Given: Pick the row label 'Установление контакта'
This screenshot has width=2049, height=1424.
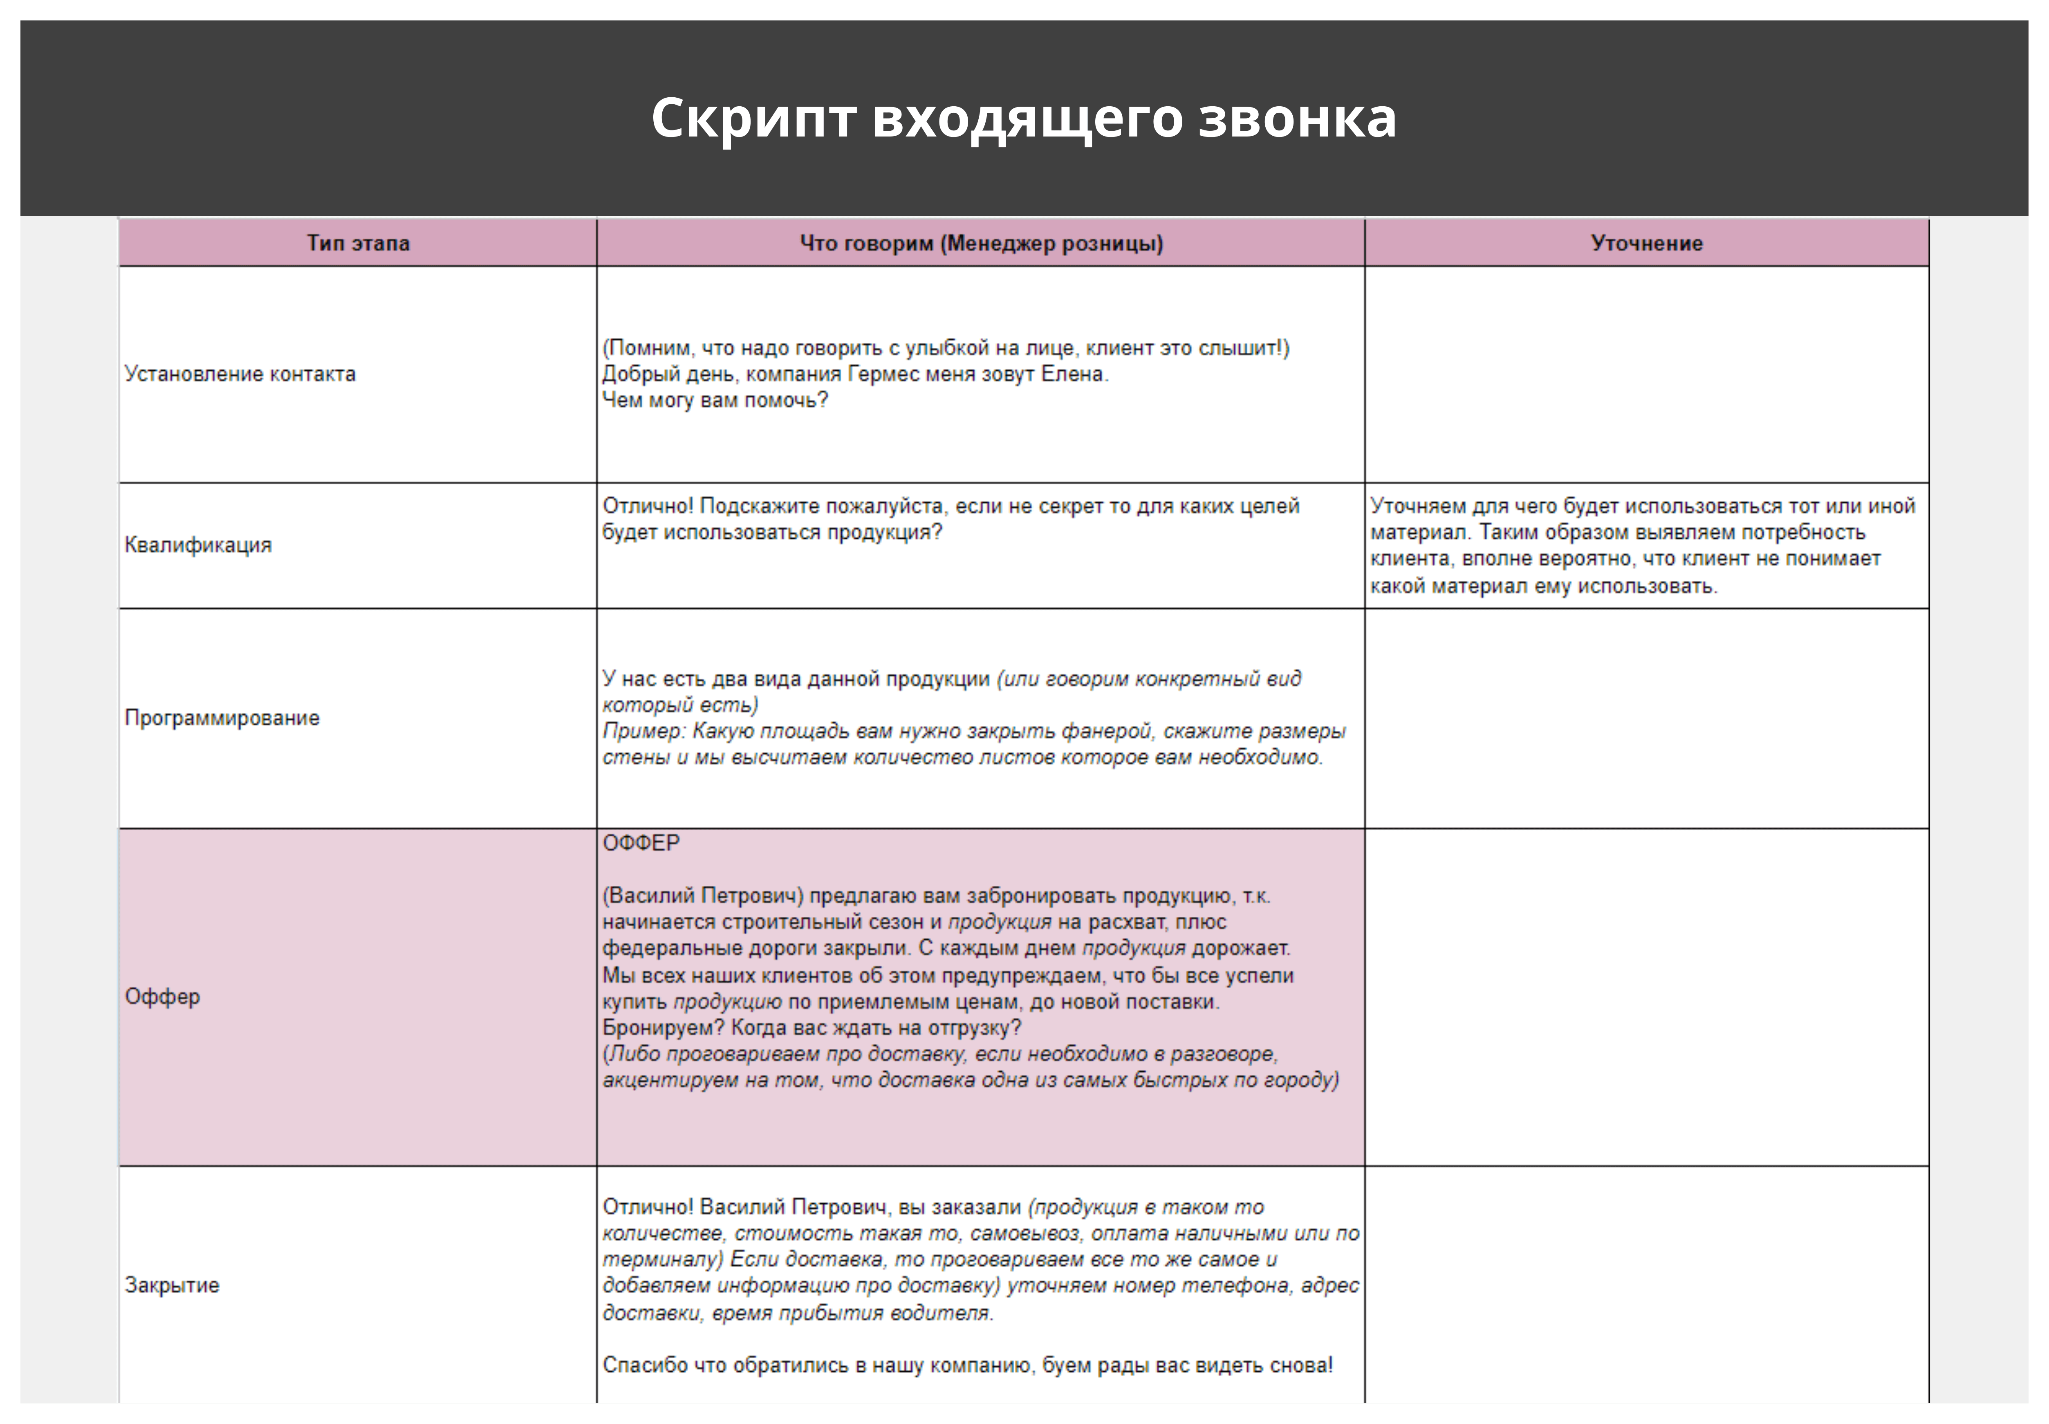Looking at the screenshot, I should [240, 374].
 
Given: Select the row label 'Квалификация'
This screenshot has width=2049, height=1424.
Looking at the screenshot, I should [198, 545].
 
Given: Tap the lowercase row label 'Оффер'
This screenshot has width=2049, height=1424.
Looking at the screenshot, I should [162, 996].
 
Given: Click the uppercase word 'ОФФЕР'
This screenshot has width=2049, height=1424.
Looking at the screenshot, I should [641, 843].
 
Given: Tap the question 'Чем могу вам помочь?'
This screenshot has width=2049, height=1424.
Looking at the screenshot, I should [715, 401].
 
